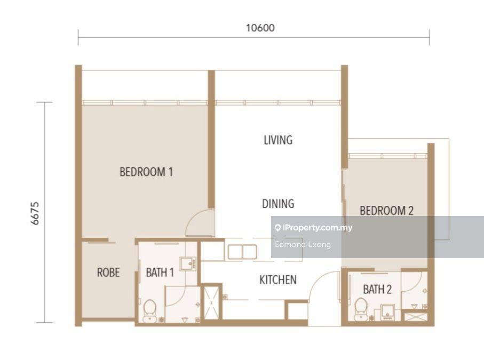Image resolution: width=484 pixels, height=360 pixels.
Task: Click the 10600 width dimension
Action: (260, 28)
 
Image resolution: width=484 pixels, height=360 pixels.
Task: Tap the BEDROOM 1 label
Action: (146, 172)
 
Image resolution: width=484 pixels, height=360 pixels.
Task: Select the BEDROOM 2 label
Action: (386, 211)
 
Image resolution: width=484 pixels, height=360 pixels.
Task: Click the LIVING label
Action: (278, 140)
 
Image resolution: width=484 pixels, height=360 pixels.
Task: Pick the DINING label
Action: (278, 204)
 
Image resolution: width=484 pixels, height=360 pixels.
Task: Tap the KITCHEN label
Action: (278, 280)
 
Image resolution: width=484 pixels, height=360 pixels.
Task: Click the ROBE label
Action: (108, 273)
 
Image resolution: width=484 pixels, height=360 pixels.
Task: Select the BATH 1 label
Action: (160, 273)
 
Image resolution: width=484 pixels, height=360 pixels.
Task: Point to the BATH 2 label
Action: (377, 290)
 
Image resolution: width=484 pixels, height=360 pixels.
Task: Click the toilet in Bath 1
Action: (150, 310)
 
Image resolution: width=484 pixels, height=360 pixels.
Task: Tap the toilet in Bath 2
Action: (361, 309)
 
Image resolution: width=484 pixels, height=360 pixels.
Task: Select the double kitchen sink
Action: (242, 252)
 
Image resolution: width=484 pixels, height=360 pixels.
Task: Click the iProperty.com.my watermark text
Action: (314, 228)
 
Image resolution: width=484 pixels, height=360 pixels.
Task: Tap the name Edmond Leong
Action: (303, 245)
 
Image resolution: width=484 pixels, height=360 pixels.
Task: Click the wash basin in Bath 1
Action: (188, 264)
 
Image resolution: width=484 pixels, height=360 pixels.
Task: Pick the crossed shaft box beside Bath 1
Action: (211, 303)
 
